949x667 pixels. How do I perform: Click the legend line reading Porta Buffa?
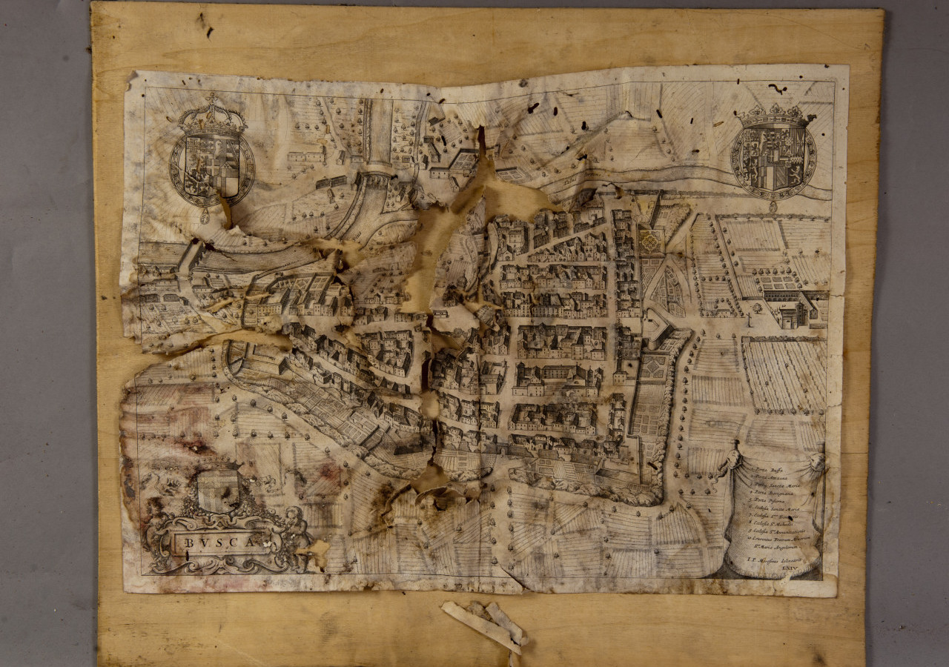point(767,471)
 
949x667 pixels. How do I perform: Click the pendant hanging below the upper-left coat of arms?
point(205,216)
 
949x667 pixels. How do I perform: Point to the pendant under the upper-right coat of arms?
point(773,207)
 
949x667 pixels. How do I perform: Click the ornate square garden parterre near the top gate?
point(650,242)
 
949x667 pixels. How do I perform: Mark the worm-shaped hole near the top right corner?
point(777,88)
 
